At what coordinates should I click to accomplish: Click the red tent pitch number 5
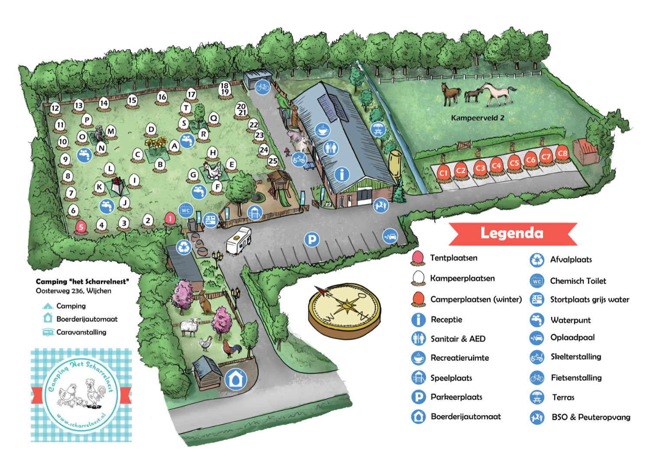point(81,227)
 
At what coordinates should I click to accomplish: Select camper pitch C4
point(496,166)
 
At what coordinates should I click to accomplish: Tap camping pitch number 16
point(162,97)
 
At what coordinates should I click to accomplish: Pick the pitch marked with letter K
point(100,187)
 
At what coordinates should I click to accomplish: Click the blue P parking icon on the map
point(312,239)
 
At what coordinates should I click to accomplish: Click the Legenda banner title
point(512,233)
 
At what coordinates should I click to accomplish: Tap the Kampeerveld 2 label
point(478,118)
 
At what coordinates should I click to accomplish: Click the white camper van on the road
point(238,240)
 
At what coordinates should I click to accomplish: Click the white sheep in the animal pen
point(189,327)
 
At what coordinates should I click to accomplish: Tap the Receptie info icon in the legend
point(418,320)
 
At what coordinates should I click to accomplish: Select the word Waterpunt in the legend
point(570,320)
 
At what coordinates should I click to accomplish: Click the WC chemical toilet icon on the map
point(186,210)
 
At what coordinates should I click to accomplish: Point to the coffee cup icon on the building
point(322,130)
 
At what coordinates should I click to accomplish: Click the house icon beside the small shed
point(236,379)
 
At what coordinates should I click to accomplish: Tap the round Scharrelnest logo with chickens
point(81,395)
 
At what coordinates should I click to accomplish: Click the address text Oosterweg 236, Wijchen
point(73,291)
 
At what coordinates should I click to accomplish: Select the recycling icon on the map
point(184,247)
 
